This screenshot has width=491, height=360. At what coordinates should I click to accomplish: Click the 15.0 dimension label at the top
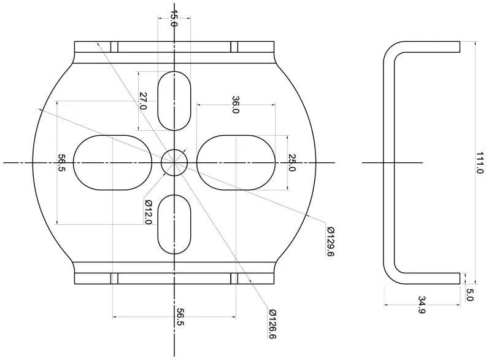coord(174,19)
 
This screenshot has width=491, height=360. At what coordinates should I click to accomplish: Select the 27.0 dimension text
coord(144,101)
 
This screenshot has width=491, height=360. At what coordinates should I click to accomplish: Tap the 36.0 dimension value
coord(235,104)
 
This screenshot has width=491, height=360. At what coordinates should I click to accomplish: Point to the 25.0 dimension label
coord(292,162)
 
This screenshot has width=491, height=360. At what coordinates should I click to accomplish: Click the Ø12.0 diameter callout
coord(148,212)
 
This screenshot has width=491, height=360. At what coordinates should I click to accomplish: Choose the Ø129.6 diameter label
coord(330,242)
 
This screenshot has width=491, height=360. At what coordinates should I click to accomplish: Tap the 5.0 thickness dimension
coord(470,294)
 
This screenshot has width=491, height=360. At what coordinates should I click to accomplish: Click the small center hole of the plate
coord(174,162)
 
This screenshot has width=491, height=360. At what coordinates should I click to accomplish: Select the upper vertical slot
coord(174,101)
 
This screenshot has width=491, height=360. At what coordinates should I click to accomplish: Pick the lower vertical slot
coord(174,224)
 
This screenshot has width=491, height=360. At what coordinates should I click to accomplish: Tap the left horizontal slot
coord(113,162)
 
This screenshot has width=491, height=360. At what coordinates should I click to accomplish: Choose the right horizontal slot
coord(236,162)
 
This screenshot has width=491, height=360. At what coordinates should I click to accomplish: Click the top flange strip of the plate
coord(174,47)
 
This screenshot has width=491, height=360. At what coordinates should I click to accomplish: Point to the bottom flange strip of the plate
coord(174,278)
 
